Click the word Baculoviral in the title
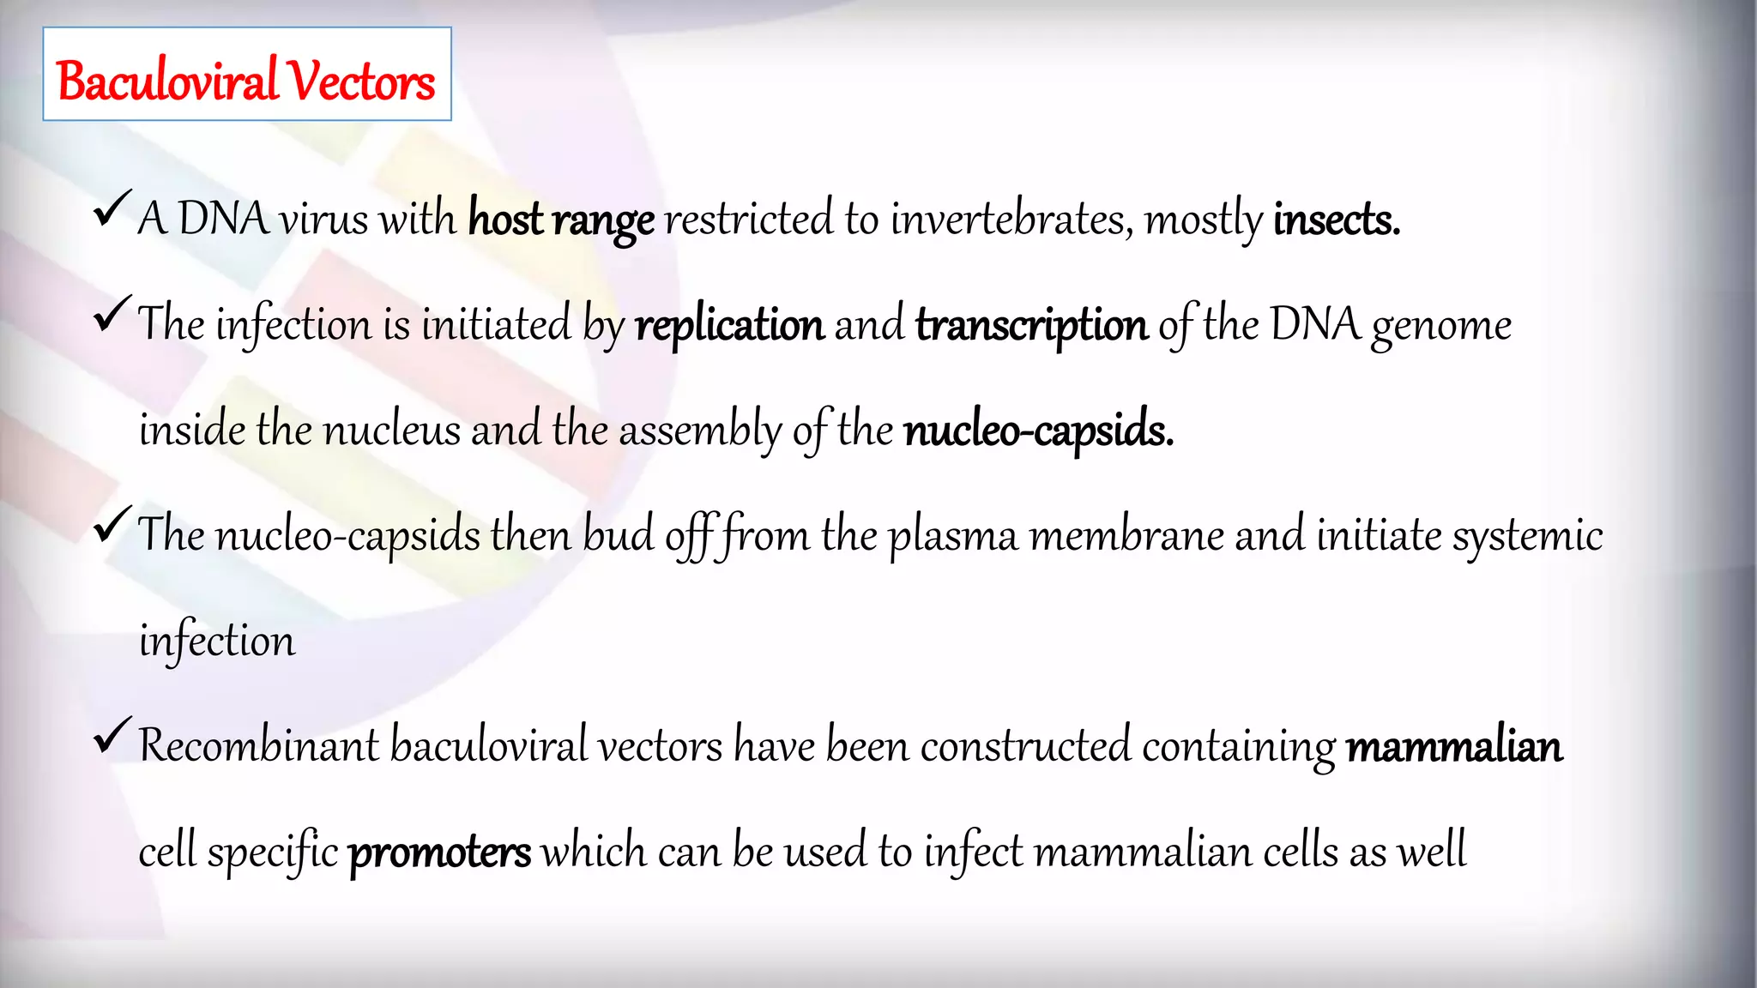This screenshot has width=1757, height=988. pos(168,81)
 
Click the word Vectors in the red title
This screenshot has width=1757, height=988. pos(361,81)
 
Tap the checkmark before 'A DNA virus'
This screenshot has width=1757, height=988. pos(112,209)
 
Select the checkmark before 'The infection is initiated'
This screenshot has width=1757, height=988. pos(112,315)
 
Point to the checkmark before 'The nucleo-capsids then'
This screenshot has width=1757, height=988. pos(112,525)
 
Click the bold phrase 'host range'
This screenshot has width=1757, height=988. pos(561,220)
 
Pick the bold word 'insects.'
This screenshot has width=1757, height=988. pos(1337,220)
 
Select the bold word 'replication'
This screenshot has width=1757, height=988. pos(729,325)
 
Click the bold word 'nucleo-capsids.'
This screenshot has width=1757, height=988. pos(1038,431)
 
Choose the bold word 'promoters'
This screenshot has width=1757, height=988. pos(439,852)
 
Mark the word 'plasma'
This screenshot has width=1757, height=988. pos(952,537)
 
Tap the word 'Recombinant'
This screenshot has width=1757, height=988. pos(258,745)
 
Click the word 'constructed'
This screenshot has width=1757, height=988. pos(1025,745)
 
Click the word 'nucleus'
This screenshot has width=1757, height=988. pos(391,430)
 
